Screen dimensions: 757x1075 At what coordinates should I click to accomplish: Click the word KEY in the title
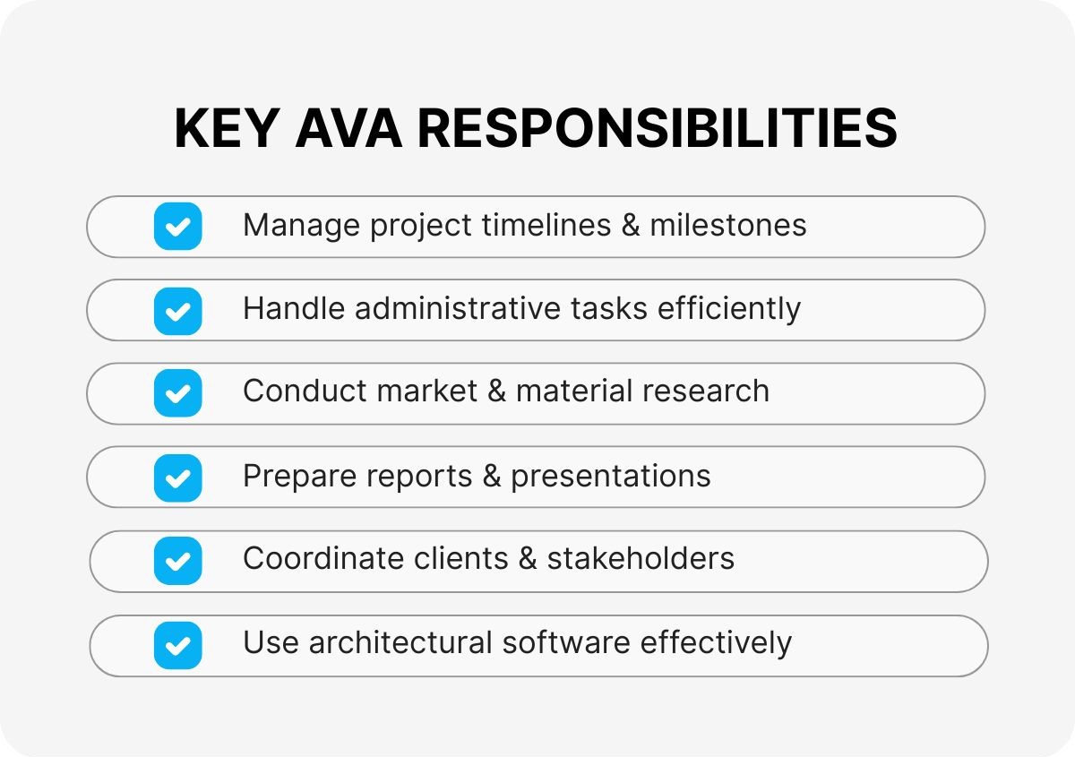[228, 129]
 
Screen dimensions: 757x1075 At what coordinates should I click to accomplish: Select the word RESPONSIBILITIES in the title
[658, 129]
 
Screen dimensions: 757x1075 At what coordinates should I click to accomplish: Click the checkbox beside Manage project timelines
[177, 226]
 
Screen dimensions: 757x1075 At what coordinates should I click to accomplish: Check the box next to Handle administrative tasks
[177, 310]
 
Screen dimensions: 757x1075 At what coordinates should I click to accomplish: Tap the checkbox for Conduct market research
[177, 393]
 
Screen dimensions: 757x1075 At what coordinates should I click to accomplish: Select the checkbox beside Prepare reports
[177, 477]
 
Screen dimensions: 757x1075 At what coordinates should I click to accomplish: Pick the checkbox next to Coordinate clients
[177, 561]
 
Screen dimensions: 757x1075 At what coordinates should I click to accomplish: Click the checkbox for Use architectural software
[177, 645]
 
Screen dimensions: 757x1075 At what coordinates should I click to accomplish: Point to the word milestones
[728, 225]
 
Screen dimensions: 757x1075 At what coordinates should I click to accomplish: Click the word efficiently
[729, 309]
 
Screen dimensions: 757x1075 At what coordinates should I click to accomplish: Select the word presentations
[611, 477]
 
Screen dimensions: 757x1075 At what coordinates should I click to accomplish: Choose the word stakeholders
[641, 559]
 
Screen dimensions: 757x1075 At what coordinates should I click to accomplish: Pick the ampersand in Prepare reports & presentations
[491, 477]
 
